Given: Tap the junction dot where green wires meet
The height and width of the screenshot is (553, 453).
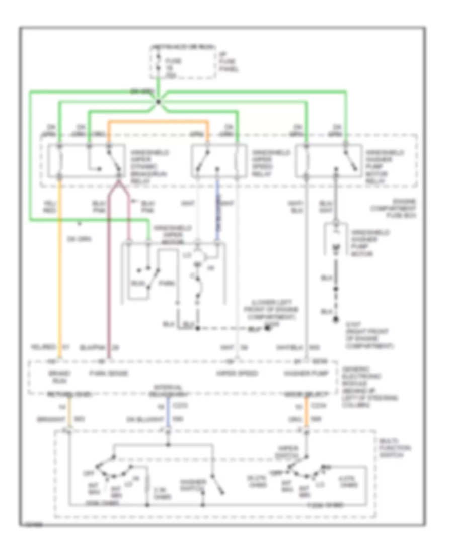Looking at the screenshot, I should [x=158, y=103].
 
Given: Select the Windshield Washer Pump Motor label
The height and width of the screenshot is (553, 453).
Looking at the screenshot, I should [x=370, y=243].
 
